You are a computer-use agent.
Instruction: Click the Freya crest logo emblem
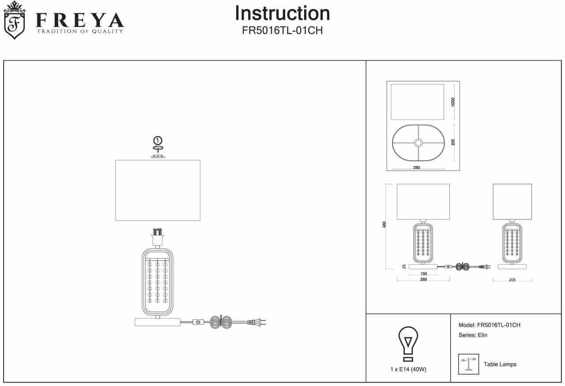coord(15,21)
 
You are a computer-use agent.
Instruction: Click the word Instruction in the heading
coord(282,13)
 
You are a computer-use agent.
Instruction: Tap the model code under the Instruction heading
coord(282,31)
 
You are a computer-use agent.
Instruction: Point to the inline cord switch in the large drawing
coord(198,322)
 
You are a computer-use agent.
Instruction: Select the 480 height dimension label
coord(384,225)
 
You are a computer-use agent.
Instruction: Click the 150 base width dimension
coord(423,274)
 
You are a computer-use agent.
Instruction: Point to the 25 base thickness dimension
coord(404,266)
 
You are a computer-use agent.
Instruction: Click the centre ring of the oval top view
coord(418,142)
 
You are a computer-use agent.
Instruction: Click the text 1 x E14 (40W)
coord(408,369)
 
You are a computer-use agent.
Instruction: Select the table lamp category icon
coord(468,364)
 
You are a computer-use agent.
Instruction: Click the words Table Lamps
coord(500,364)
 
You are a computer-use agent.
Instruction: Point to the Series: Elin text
coord(473,335)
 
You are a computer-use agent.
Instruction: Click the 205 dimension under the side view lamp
coord(512,280)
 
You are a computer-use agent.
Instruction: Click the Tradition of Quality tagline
coord(79,31)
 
